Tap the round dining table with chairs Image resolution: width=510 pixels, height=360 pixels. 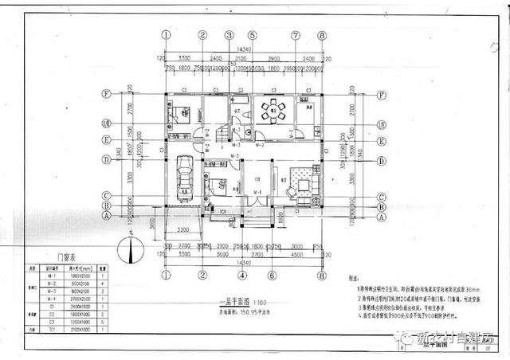coord(272,112)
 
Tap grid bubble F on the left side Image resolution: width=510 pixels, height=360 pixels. coord(105,92)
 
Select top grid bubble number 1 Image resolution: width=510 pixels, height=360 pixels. coord(166,35)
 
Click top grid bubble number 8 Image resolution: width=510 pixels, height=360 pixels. coord(322,35)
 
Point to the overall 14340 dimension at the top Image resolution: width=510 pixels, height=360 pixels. coord(243,49)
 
